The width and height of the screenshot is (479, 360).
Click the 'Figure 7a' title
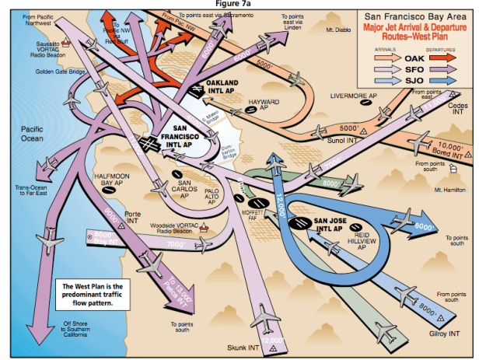[240, 4]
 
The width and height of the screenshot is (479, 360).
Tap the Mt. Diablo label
[339, 30]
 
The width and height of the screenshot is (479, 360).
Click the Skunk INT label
[242, 346]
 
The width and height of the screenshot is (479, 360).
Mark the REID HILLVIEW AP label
[360, 239]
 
